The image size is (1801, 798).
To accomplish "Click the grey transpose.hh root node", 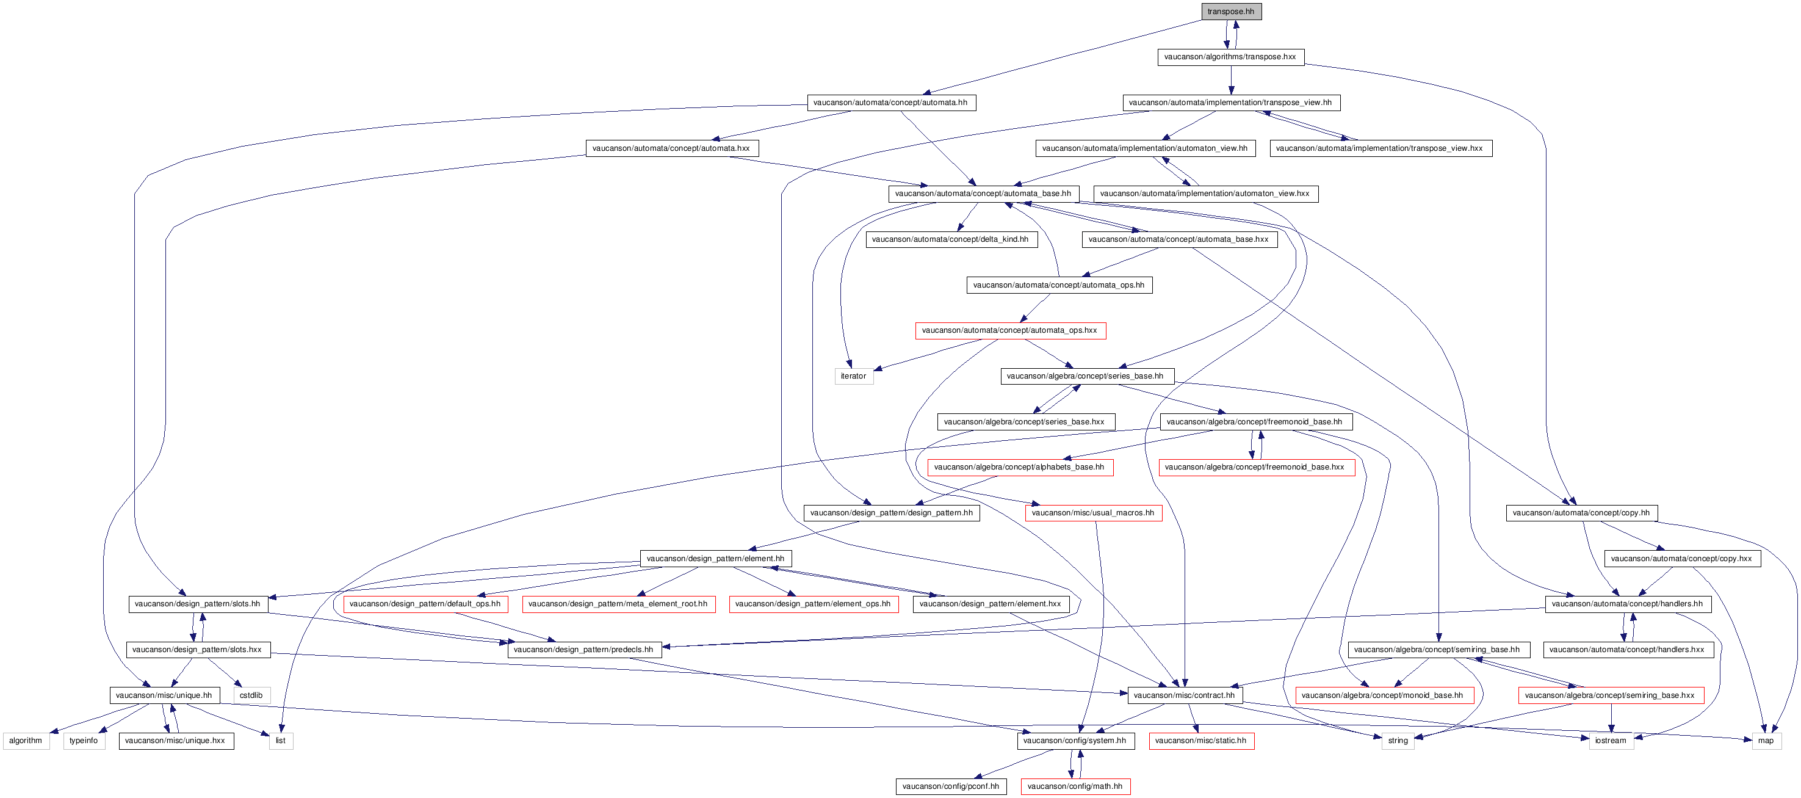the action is point(1231,11).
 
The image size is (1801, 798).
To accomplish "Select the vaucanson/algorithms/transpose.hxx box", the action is point(1230,57).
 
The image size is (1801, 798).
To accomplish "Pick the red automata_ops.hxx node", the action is point(1010,330).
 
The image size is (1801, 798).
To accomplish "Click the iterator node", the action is point(854,376).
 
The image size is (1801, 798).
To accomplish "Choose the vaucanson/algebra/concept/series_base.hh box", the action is point(1087,376).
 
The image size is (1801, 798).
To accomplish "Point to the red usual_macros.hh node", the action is point(1094,513).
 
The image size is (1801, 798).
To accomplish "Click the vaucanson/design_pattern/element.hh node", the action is point(716,559).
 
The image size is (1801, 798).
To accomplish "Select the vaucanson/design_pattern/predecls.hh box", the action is point(585,650).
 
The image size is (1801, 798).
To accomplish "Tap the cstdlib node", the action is point(251,695).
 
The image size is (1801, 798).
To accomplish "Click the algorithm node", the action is point(26,741).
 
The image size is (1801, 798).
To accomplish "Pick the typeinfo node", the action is point(84,741).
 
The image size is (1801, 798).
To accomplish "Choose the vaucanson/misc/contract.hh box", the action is point(1185,695).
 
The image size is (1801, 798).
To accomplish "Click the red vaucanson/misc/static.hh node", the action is point(1201,741).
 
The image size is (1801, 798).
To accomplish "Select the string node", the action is point(1398,741).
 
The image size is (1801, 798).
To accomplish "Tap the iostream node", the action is point(1611,741).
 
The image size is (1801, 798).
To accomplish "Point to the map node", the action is point(1766,741).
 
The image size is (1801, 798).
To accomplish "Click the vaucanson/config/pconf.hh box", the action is point(951,786).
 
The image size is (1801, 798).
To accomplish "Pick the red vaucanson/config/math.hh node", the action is point(1075,786).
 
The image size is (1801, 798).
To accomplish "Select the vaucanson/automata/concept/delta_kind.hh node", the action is point(951,239).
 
